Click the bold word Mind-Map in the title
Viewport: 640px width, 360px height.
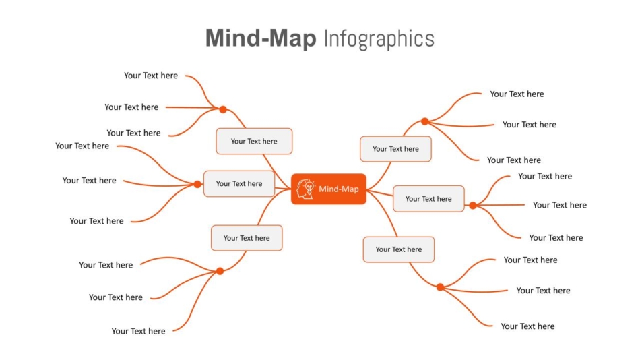point(261,38)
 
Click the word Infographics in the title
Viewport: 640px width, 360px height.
point(379,39)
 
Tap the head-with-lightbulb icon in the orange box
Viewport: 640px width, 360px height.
point(306,189)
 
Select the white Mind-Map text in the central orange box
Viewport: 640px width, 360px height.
point(339,189)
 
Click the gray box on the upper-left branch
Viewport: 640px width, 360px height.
point(254,141)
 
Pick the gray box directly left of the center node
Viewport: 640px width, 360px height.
point(239,184)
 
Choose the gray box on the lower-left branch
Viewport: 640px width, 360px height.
point(247,238)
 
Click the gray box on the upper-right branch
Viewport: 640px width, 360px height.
point(395,149)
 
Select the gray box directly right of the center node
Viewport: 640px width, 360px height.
point(428,199)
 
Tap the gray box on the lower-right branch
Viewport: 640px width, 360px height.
point(399,249)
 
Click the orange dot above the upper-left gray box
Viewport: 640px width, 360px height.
point(223,109)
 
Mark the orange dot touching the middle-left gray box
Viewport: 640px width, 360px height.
point(197,184)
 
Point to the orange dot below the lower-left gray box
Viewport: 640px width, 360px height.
point(220,271)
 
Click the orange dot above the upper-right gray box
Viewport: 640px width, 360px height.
point(425,121)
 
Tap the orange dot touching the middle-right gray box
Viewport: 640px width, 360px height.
point(473,206)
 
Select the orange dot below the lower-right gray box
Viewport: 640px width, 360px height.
point(440,287)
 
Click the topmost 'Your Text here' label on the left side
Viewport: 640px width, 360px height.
point(151,76)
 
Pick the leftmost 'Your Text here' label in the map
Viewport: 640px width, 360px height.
point(82,146)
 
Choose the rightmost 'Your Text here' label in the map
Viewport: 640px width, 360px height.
point(560,205)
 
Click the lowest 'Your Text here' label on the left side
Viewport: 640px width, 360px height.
point(138,331)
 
